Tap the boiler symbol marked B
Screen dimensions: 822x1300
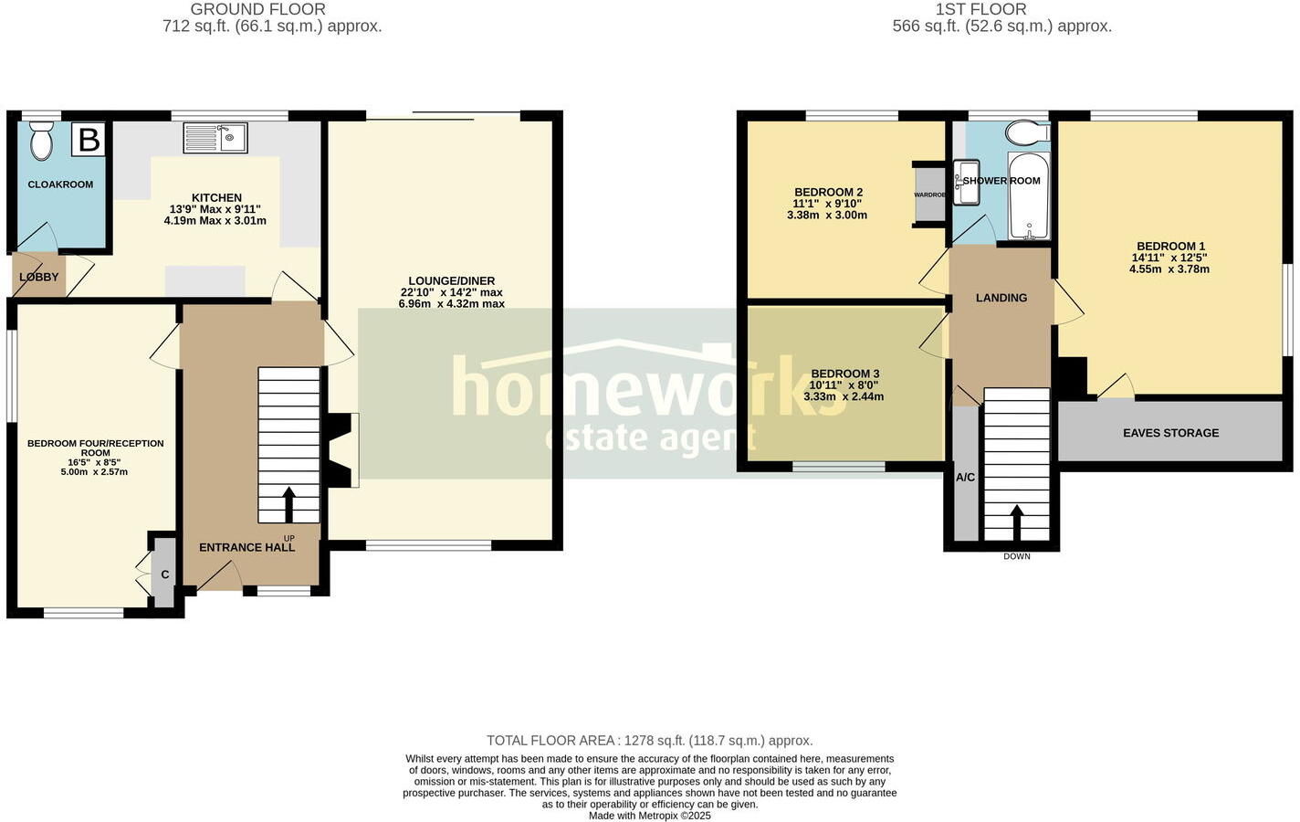pyautogui.click(x=89, y=140)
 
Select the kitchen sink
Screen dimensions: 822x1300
pyautogui.click(x=215, y=138)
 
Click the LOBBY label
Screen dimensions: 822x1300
pyautogui.click(x=38, y=277)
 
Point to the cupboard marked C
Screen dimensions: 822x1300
pyautogui.click(x=164, y=574)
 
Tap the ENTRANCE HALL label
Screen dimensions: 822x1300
pyautogui.click(x=247, y=547)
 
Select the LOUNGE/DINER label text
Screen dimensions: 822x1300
pyautogui.click(x=451, y=280)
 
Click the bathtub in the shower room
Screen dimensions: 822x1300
pyautogui.click(x=1028, y=195)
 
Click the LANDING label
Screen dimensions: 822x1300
pyautogui.click(x=1001, y=298)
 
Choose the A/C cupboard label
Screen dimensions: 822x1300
pyautogui.click(x=965, y=477)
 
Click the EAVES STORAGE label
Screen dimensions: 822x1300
pyautogui.click(x=1170, y=432)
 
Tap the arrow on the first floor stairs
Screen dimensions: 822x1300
pyautogui.click(x=1016, y=522)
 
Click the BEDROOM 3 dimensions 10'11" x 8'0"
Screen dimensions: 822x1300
pyautogui.click(x=844, y=385)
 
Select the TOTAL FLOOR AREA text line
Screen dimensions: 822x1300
pyautogui.click(x=649, y=741)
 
